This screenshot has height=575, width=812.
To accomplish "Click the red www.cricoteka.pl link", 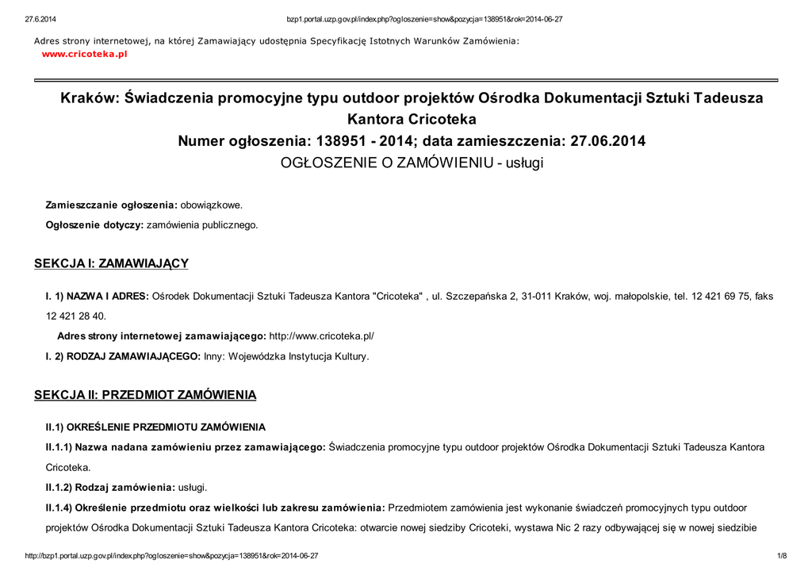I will click(84, 54).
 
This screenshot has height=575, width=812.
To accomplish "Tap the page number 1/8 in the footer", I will click(781, 556).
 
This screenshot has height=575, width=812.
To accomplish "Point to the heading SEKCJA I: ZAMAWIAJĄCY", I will click(111, 263).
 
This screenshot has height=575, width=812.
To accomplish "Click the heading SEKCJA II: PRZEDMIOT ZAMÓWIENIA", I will click(145, 394).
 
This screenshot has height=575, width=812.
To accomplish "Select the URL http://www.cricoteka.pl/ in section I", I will click(322, 336).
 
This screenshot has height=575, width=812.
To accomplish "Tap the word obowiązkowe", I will click(212, 205).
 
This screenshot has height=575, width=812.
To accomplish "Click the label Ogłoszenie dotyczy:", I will click(94, 225).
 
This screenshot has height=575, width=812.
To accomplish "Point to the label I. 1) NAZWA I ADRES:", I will click(97, 296).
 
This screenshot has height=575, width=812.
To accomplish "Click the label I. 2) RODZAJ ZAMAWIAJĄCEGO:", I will click(123, 357).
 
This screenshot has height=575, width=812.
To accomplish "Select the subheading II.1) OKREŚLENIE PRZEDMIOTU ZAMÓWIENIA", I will click(155, 427).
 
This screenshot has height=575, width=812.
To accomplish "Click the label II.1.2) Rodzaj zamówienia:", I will click(110, 487).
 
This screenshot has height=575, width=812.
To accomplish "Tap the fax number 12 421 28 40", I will click(76, 316).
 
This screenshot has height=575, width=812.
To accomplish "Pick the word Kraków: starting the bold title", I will click(90, 98).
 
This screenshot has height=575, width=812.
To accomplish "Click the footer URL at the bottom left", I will click(172, 556).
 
